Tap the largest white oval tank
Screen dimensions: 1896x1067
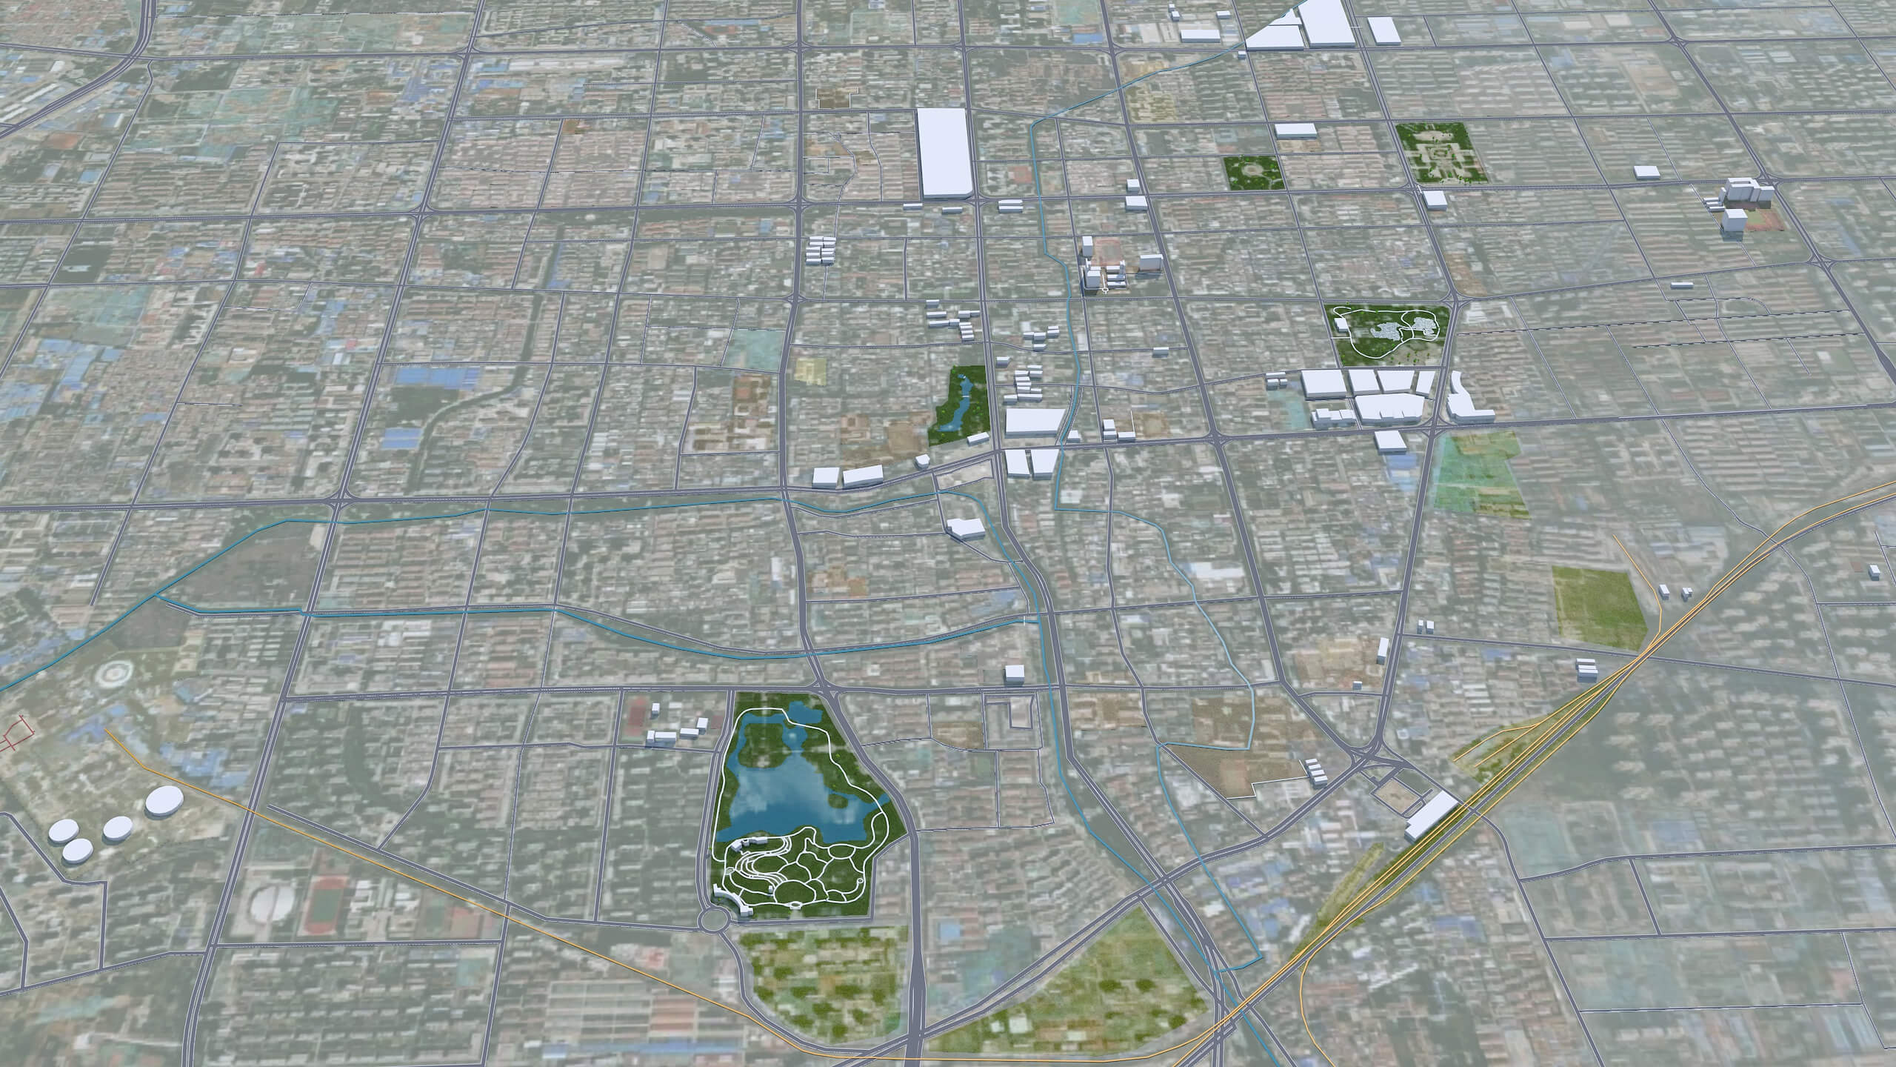[x=164, y=802]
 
